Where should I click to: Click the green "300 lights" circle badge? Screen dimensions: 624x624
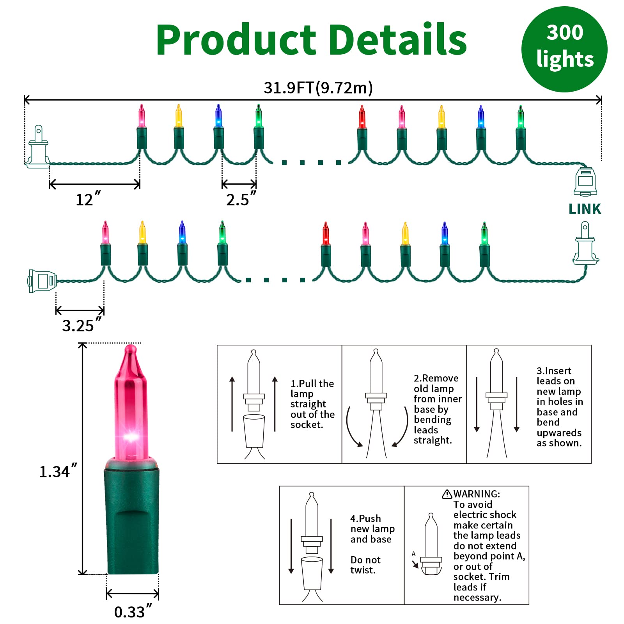[x=564, y=49]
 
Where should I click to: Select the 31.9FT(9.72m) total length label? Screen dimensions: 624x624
[x=318, y=88]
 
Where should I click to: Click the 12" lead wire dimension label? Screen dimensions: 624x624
[x=88, y=199]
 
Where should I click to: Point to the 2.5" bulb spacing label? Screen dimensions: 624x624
[x=241, y=199]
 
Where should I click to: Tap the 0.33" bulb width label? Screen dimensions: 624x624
[x=133, y=612]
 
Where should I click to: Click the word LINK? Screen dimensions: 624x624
[x=585, y=209]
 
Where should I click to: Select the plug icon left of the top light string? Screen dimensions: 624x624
[x=37, y=147]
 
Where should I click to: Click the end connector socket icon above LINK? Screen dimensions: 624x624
[x=585, y=181]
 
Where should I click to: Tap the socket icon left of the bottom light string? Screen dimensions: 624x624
[x=42, y=281]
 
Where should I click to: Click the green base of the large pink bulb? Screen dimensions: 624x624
[x=132, y=518]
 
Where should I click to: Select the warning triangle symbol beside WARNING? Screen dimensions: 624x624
[x=447, y=494]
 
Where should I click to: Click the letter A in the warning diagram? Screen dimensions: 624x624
[x=413, y=554]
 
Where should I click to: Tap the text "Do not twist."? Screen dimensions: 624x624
[x=365, y=565]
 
